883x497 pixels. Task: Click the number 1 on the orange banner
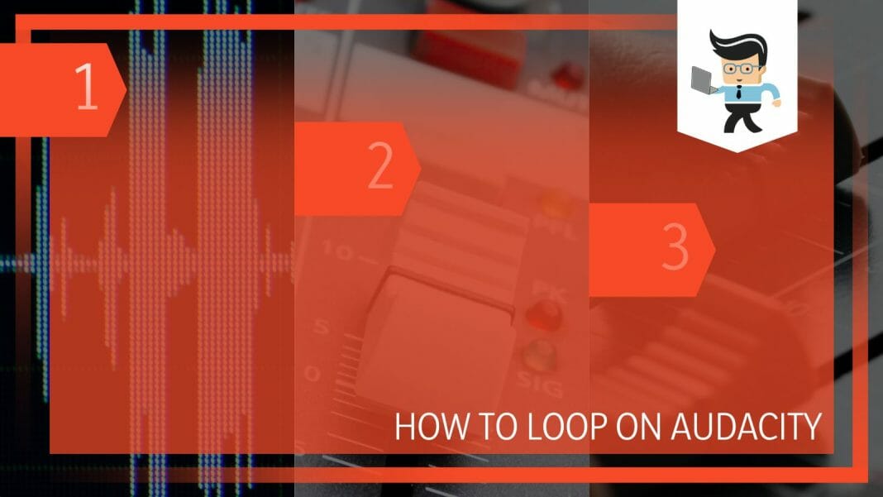coord(86,90)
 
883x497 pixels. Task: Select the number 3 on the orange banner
coord(675,250)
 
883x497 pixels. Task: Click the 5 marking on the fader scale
coord(322,327)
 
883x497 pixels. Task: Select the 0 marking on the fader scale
coord(313,375)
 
